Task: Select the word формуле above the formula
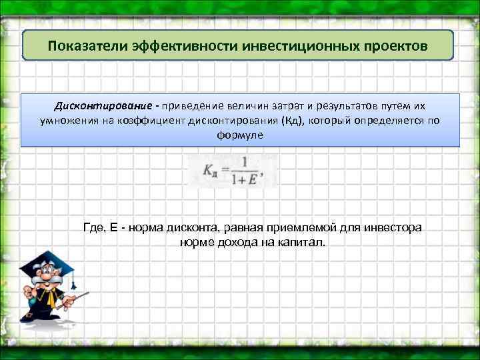coord(240,135)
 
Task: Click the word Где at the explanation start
coord(95,228)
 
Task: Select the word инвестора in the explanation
coord(397,228)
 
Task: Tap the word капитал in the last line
coord(301,242)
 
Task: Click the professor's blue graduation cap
coord(41,260)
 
